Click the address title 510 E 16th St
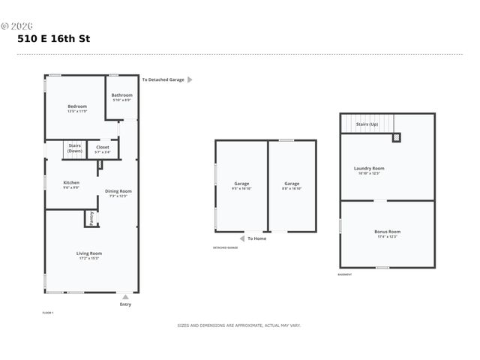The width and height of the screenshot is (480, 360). (x=53, y=38)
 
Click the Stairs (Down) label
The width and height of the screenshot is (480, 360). (x=75, y=148)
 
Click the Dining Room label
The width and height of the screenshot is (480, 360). (x=118, y=193)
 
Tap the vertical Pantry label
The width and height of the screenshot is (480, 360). (x=91, y=218)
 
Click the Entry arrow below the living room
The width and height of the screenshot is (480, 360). (x=125, y=297)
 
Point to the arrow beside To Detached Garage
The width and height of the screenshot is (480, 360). (x=190, y=79)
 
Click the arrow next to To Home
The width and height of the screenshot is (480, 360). (x=241, y=238)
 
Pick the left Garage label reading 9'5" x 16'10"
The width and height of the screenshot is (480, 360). (x=241, y=185)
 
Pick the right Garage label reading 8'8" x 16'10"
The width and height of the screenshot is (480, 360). (x=292, y=185)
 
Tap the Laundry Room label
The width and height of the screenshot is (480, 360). (x=369, y=170)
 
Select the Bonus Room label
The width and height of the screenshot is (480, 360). (x=388, y=233)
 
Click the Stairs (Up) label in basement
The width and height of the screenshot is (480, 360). (x=367, y=124)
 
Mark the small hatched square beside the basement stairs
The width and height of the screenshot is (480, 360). (x=397, y=137)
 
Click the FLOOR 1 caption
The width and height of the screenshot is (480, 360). (x=48, y=313)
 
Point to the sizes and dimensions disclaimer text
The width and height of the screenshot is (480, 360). (x=238, y=325)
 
